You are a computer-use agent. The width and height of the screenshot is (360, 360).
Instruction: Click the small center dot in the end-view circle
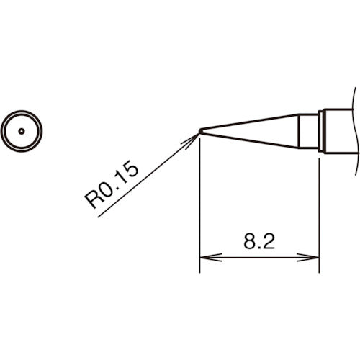pos(22,131)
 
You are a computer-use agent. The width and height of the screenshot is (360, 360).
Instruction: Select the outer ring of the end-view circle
pos(22,114)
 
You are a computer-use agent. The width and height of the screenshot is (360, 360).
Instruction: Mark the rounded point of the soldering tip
pos(201,131)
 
